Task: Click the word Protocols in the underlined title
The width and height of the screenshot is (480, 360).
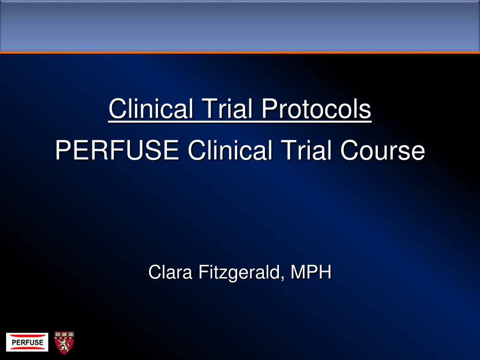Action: tap(316, 109)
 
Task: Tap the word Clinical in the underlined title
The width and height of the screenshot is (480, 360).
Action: tap(151, 109)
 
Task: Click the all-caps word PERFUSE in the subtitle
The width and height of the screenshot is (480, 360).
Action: tap(117, 150)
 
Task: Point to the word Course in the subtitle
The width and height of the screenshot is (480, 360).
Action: tap(382, 150)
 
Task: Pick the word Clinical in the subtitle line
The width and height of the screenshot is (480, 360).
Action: tap(230, 150)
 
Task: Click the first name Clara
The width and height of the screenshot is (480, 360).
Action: tap(170, 272)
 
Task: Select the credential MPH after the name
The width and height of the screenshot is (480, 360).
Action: tap(311, 272)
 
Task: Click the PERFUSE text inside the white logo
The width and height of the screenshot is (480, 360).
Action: tap(27, 343)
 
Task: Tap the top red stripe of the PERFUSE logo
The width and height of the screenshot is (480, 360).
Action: tap(27, 336)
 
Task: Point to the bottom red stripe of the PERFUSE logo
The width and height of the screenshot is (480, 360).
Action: tap(27, 348)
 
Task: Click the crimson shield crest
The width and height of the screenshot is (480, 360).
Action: tap(64, 343)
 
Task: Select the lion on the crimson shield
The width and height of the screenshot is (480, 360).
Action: tap(64, 345)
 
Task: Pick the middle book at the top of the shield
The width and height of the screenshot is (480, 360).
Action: tap(64, 334)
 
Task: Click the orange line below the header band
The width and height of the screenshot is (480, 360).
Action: tap(240, 52)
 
